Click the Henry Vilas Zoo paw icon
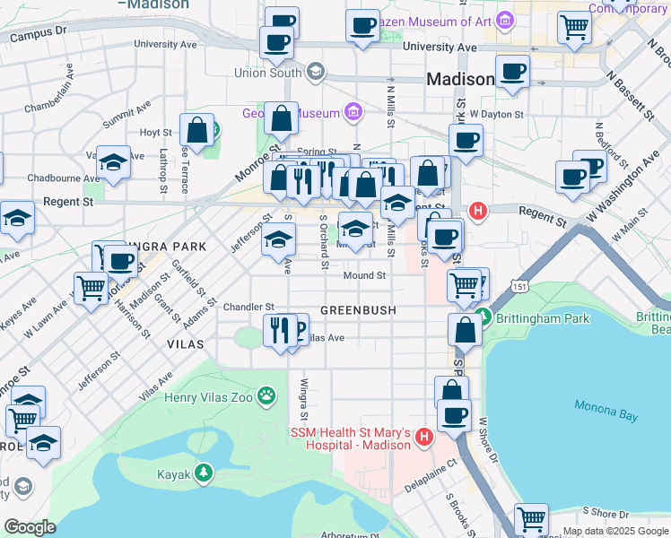point(266,395)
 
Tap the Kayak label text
point(174,474)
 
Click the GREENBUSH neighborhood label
point(358,310)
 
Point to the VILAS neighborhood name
point(185,343)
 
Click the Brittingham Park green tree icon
point(483,317)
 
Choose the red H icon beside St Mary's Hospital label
point(423,438)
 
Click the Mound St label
point(364,275)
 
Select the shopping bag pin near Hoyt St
point(196,131)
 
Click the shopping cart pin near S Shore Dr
point(531,519)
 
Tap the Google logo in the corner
point(30,527)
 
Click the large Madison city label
point(459,79)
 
